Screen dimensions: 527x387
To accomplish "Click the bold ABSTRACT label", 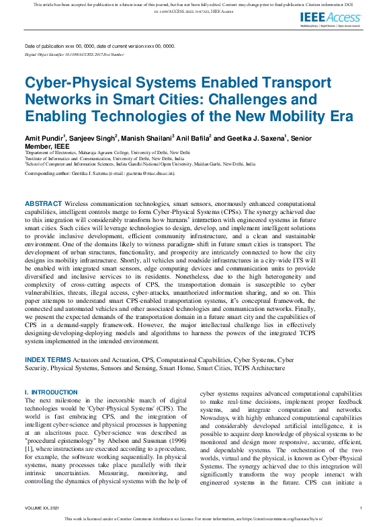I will [x=43, y=203].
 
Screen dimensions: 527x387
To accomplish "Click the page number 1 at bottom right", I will [x=361, y=507].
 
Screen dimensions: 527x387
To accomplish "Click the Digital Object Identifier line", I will [x=74, y=54].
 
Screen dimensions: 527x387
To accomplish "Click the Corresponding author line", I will [x=99, y=173].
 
